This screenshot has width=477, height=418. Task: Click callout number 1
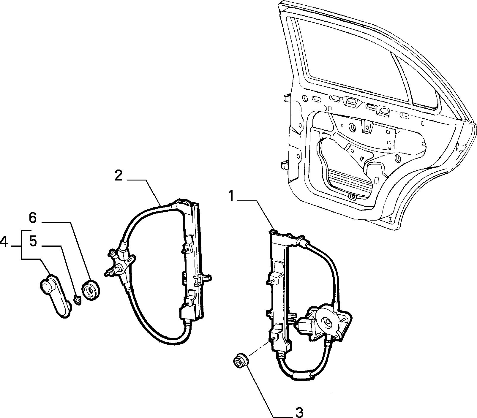232,197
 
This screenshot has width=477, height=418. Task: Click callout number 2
118,175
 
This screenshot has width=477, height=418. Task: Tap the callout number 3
299,412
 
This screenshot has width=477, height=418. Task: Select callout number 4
4,242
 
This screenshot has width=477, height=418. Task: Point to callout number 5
33,242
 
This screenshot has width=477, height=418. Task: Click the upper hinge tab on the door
286,98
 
